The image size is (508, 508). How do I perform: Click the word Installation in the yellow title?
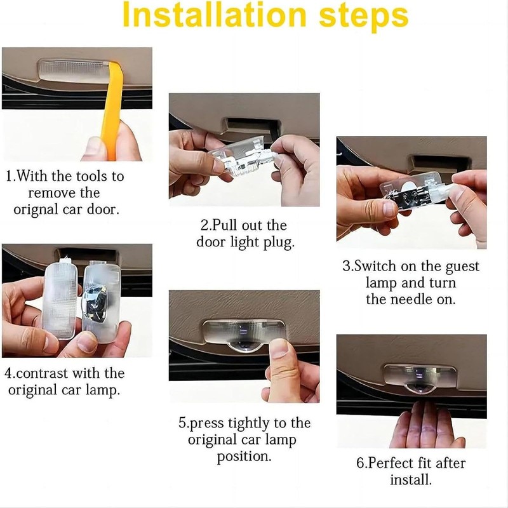[215, 15]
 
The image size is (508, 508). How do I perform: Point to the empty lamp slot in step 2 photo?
[251, 124]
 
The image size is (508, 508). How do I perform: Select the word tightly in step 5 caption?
[248, 424]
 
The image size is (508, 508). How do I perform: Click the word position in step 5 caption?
[244, 457]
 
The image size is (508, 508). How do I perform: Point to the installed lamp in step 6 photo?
[420, 378]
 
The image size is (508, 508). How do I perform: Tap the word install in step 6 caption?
[411, 479]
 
